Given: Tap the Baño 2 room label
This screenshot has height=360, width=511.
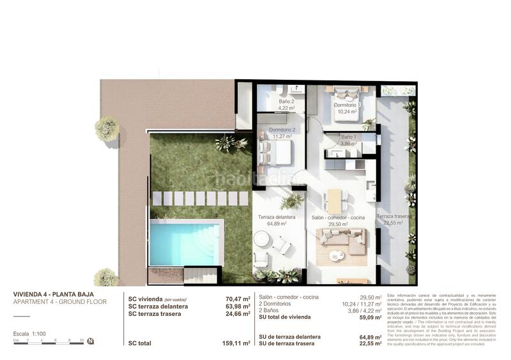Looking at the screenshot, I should (x=287, y=101).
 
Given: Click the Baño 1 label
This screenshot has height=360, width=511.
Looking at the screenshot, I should (x=349, y=137).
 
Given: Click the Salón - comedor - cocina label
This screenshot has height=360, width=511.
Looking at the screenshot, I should (x=338, y=218).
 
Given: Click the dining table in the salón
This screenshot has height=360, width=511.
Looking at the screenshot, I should (x=335, y=201).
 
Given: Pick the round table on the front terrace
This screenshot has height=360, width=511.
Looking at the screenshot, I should (x=262, y=239).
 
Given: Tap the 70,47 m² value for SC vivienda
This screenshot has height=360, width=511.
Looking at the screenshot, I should (x=238, y=298).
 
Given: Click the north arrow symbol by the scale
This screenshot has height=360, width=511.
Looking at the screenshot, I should (x=91, y=341).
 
